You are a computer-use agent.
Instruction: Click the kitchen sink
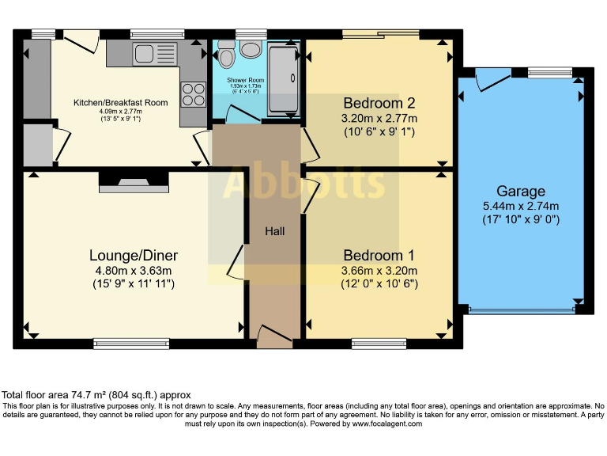tap(145, 53)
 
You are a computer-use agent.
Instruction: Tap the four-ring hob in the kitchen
tap(193, 95)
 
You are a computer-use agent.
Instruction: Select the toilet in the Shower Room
tap(227, 55)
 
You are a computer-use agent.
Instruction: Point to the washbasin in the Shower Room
tap(251, 50)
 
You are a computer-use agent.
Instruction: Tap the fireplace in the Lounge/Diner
tap(134, 184)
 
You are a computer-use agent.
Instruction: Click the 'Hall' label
tap(274, 231)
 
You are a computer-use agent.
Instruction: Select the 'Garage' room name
tap(521, 191)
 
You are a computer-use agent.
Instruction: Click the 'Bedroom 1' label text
tap(379, 256)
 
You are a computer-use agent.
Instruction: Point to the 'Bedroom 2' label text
tap(379, 103)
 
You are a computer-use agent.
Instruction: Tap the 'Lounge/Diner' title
tap(133, 256)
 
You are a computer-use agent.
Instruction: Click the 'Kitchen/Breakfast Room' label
tap(120, 103)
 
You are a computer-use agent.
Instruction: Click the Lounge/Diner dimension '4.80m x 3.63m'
tap(133, 270)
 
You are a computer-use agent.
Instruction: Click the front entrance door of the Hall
tap(273, 338)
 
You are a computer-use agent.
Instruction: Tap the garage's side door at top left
tap(492, 79)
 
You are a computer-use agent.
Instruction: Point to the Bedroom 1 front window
tap(379, 344)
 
